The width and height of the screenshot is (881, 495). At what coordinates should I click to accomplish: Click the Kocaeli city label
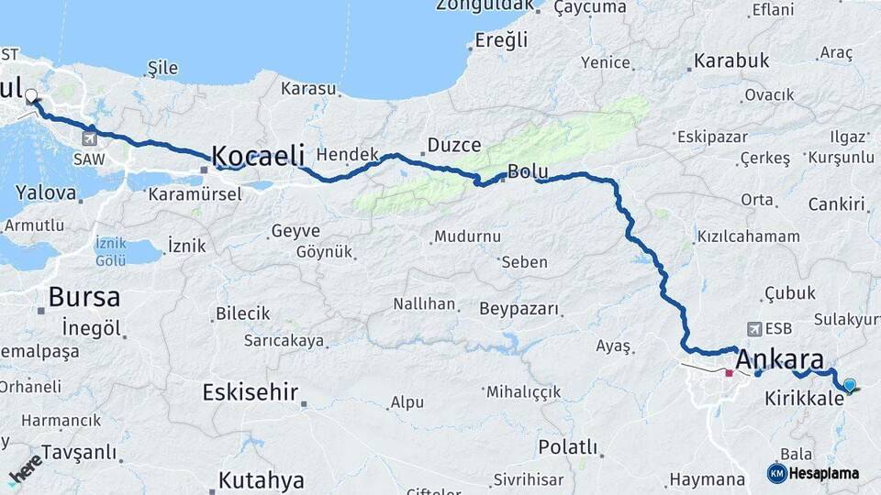click(x=258, y=156)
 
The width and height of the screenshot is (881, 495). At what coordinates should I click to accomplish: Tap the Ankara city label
click(x=780, y=358)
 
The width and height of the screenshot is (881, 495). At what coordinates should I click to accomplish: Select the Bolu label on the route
click(x=528, y=170)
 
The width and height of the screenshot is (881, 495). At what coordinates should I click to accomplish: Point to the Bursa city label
click(x=84, y=297)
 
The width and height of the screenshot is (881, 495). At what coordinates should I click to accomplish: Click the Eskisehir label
click(x=251, y=393)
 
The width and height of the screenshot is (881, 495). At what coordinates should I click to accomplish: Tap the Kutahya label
click(x=262, y=479)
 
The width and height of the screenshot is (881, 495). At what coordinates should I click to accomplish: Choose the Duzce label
click(x=454, y=145)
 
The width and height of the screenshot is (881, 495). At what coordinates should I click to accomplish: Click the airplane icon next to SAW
click(x=89, y=139)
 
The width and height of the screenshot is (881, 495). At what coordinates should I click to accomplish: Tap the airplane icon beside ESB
click(x=754, y=328)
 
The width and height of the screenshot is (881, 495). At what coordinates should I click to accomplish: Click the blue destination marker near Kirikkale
click(x=850, y=386)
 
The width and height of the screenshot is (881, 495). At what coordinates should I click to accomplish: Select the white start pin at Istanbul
click(x=32, y=95)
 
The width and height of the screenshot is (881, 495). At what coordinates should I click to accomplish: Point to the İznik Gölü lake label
click(x=110, y=251)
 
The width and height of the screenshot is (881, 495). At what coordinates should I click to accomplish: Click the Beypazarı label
click(x=519, y=309)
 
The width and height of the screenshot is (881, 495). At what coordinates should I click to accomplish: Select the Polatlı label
click(x=567, y=447)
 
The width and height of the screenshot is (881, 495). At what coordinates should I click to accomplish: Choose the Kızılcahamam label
click(x=749, y=236)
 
